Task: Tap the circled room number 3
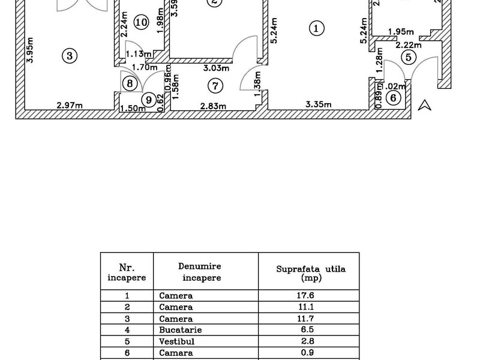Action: click(70, 56)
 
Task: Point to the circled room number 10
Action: click(141, 23)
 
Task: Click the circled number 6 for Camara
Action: click(393, 97)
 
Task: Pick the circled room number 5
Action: click(408, 58)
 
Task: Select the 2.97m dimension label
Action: click(70, 106)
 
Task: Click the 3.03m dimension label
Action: click(217, 68)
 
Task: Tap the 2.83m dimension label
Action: click(213, 106)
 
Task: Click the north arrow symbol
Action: click(425, 105)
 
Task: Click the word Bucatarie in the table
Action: click(181, 329)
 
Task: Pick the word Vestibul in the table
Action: click(177, 341)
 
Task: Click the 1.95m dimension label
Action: click(401, 32)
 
